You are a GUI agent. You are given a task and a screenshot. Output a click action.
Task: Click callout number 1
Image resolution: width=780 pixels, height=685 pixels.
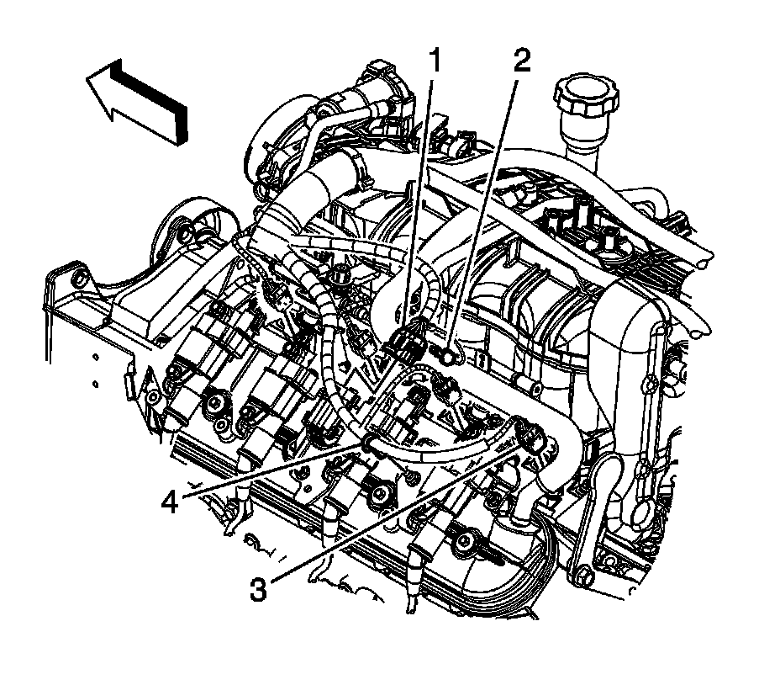click(435, 61)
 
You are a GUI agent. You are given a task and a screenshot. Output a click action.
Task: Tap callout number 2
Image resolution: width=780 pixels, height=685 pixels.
click(521, 61)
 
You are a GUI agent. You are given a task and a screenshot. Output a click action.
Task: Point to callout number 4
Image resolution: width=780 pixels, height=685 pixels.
click(171, 502)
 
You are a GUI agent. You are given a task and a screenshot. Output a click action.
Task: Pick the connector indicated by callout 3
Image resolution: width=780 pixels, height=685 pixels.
click(530, 438)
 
